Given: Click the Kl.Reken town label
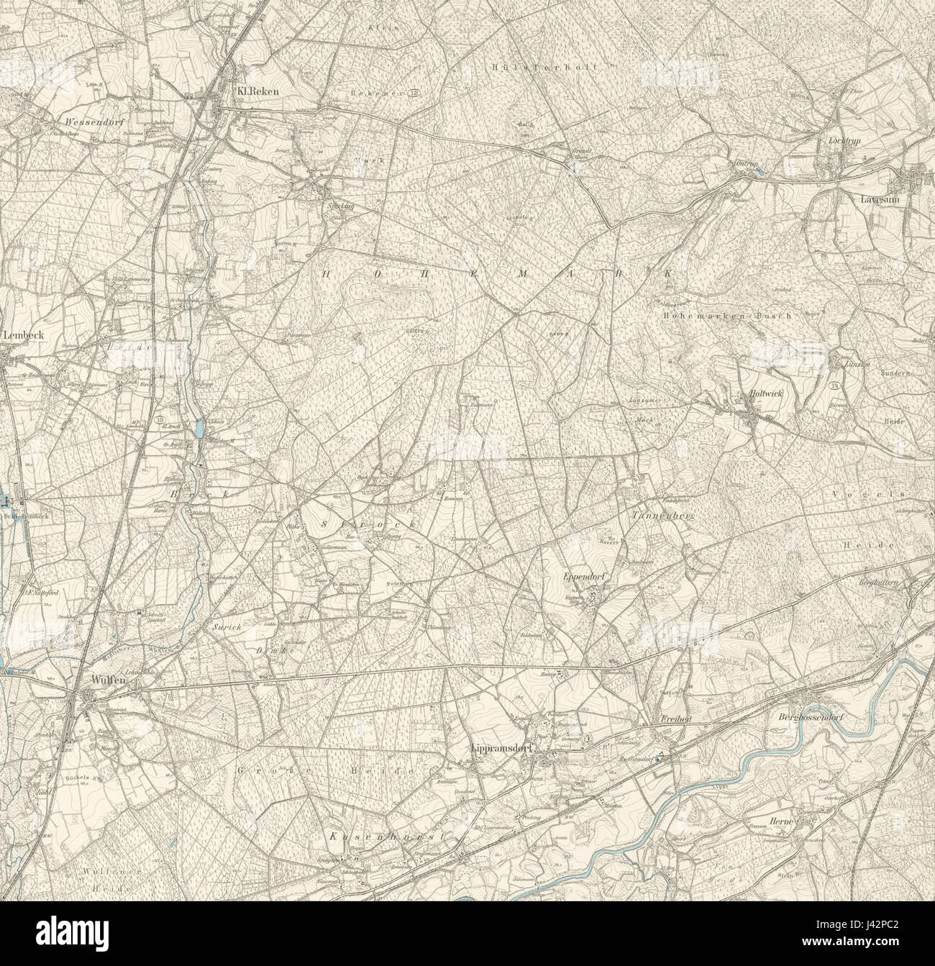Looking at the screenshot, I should point(257,91).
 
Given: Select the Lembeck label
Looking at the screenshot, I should point(19,334).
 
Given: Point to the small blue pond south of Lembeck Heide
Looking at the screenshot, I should point(198,429).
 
